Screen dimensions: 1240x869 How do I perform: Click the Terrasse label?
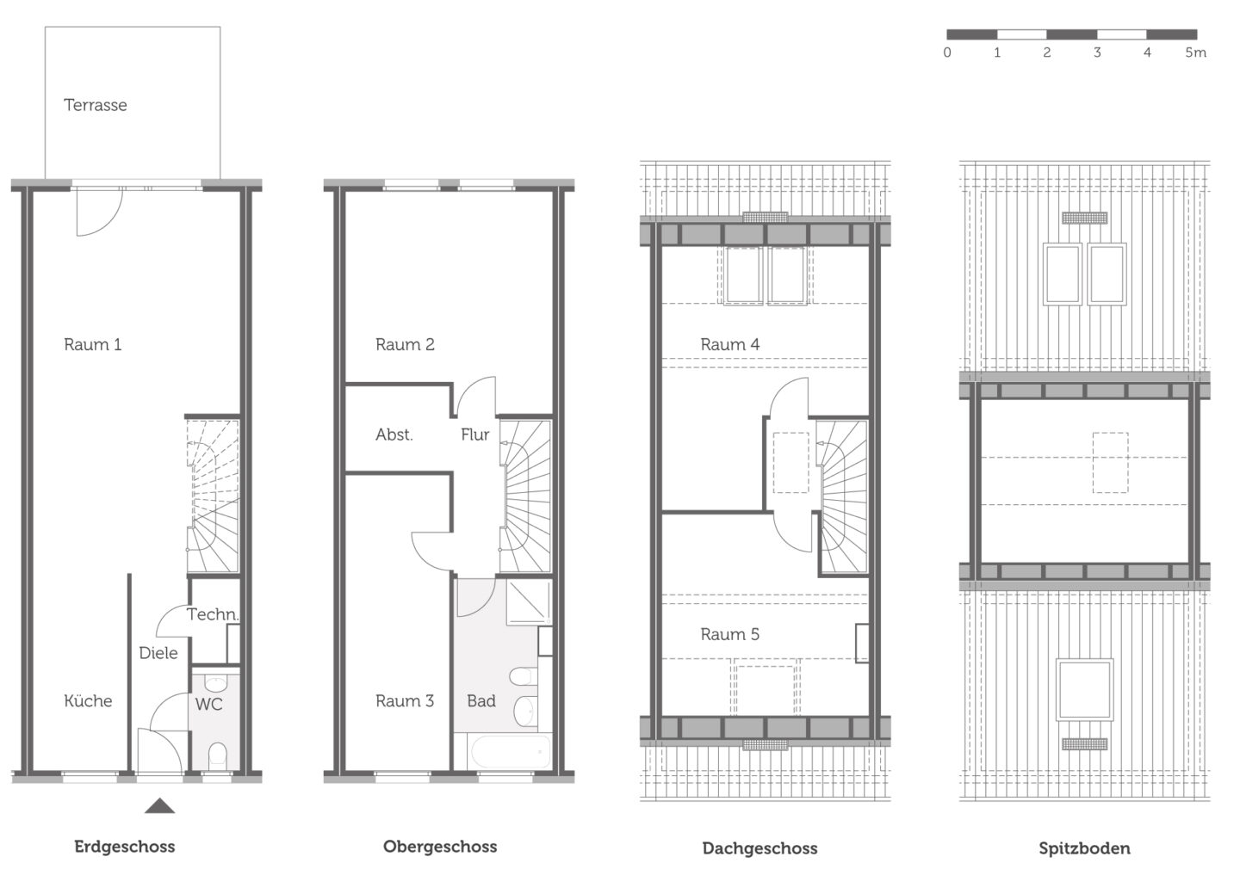pyautogui.click(x=96, y=105)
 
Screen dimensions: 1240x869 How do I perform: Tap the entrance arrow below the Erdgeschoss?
pyautogui.click(x=160, y=805)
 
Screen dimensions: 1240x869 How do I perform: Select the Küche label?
pyautogui.click(x=88, y=701)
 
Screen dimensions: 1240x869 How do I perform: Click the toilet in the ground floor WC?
pyautogui.click(x=218, y=755)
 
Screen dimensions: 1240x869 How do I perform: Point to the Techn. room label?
pyautogui.click(x=213, y=614)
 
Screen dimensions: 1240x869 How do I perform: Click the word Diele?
pyautogui.click(x=158, y=653)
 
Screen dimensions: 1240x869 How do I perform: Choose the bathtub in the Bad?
pyautogui.click(x=510, y=751)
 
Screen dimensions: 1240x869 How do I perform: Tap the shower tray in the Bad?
pyautogui.click(x=529, y=601)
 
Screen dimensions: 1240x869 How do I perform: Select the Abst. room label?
pyautogui.click(x=394, y=434)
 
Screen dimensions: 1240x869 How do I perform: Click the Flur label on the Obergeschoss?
pyautogui.click(x=475, y=434)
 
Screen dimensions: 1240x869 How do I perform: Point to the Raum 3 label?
pyautogui.click(x=405, y=701)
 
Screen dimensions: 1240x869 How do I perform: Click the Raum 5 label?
pyautogui.click(x=729, y=634)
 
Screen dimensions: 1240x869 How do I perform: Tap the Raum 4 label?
pyautogui.click(x=729, y=345)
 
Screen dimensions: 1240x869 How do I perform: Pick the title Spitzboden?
pyautogui.click(x=1084, y=848)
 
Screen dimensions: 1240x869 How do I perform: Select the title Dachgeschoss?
pyautogui.click(x=759, y=848)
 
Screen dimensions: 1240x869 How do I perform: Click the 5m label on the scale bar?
pyautogui.click(x=1195, y=52)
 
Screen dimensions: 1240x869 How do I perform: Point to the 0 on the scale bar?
pyautogui.click(x=947, y=52)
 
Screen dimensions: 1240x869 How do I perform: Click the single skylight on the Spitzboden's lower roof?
pyautogui.click(x=1084, y=690)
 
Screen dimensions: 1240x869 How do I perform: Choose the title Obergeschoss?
pyautogui.click(x=440, y=847)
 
